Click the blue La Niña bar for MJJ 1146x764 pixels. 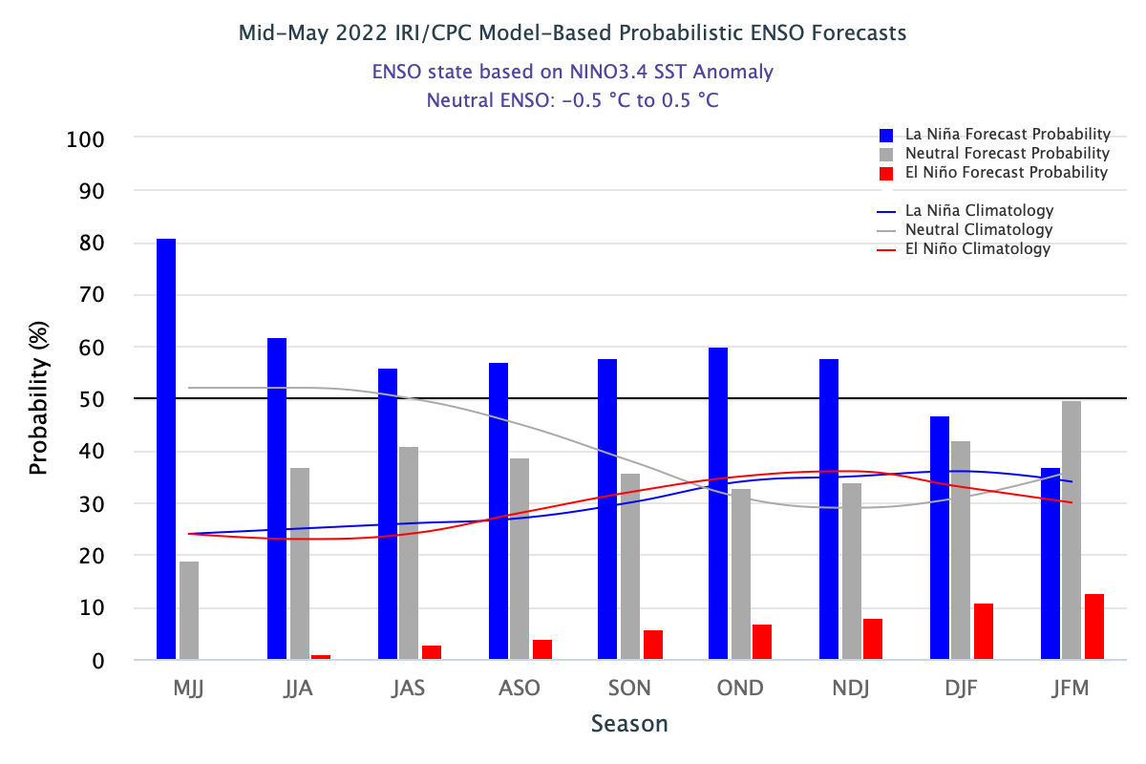166,449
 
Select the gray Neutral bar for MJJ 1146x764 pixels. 189,610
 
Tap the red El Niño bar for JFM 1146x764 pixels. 1094,626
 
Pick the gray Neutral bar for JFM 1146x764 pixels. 1072,530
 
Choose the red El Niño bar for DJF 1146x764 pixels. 984,631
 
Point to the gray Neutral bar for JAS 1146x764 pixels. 410,553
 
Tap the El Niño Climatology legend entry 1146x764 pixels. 977,249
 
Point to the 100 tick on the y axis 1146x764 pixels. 85,139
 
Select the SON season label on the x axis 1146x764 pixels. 630,689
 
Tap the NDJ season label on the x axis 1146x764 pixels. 851,689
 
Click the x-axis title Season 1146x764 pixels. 629,723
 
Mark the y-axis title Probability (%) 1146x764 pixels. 38,400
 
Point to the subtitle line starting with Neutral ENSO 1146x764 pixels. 572,99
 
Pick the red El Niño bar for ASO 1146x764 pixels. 542,649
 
